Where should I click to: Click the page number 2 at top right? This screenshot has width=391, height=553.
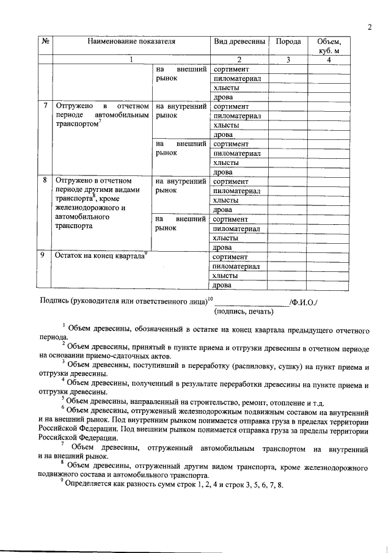click(370, 26)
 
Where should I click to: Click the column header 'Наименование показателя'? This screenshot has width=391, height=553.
click(130, 42)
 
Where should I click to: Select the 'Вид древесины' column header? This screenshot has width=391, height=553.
click(239, 42)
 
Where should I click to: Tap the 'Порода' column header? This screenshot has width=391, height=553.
click(288, 42)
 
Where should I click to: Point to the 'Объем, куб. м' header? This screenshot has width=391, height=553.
click(329, 46)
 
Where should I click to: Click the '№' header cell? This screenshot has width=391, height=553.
click(45, 42)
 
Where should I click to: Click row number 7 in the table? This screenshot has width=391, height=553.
click(45, 106)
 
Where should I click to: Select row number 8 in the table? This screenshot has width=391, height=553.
click(45, 181)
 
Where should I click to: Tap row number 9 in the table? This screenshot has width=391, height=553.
click(45, 256)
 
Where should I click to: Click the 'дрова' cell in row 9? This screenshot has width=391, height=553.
click(223, 285)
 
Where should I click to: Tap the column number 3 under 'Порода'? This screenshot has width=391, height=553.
click(288, 60)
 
